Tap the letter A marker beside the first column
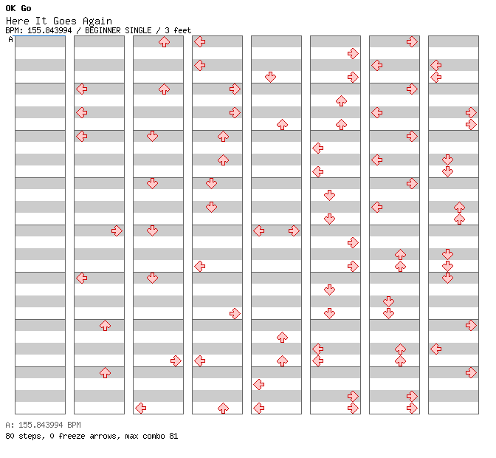[x=10, y=40]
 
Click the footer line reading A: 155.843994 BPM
[x=43, y=425]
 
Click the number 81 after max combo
[x=173, y=436]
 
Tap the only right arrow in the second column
[x=117, y=230]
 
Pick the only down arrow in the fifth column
[x=270, y=77]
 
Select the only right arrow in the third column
[x=176, y=360]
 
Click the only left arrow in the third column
[x=140, y=408]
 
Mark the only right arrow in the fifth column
[x=294, y=230]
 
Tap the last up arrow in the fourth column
[x=223, y=408]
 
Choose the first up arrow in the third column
[x=164, y=41]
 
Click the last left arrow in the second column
[x=81, y=278]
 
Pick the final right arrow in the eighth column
[x=471, y=372]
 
